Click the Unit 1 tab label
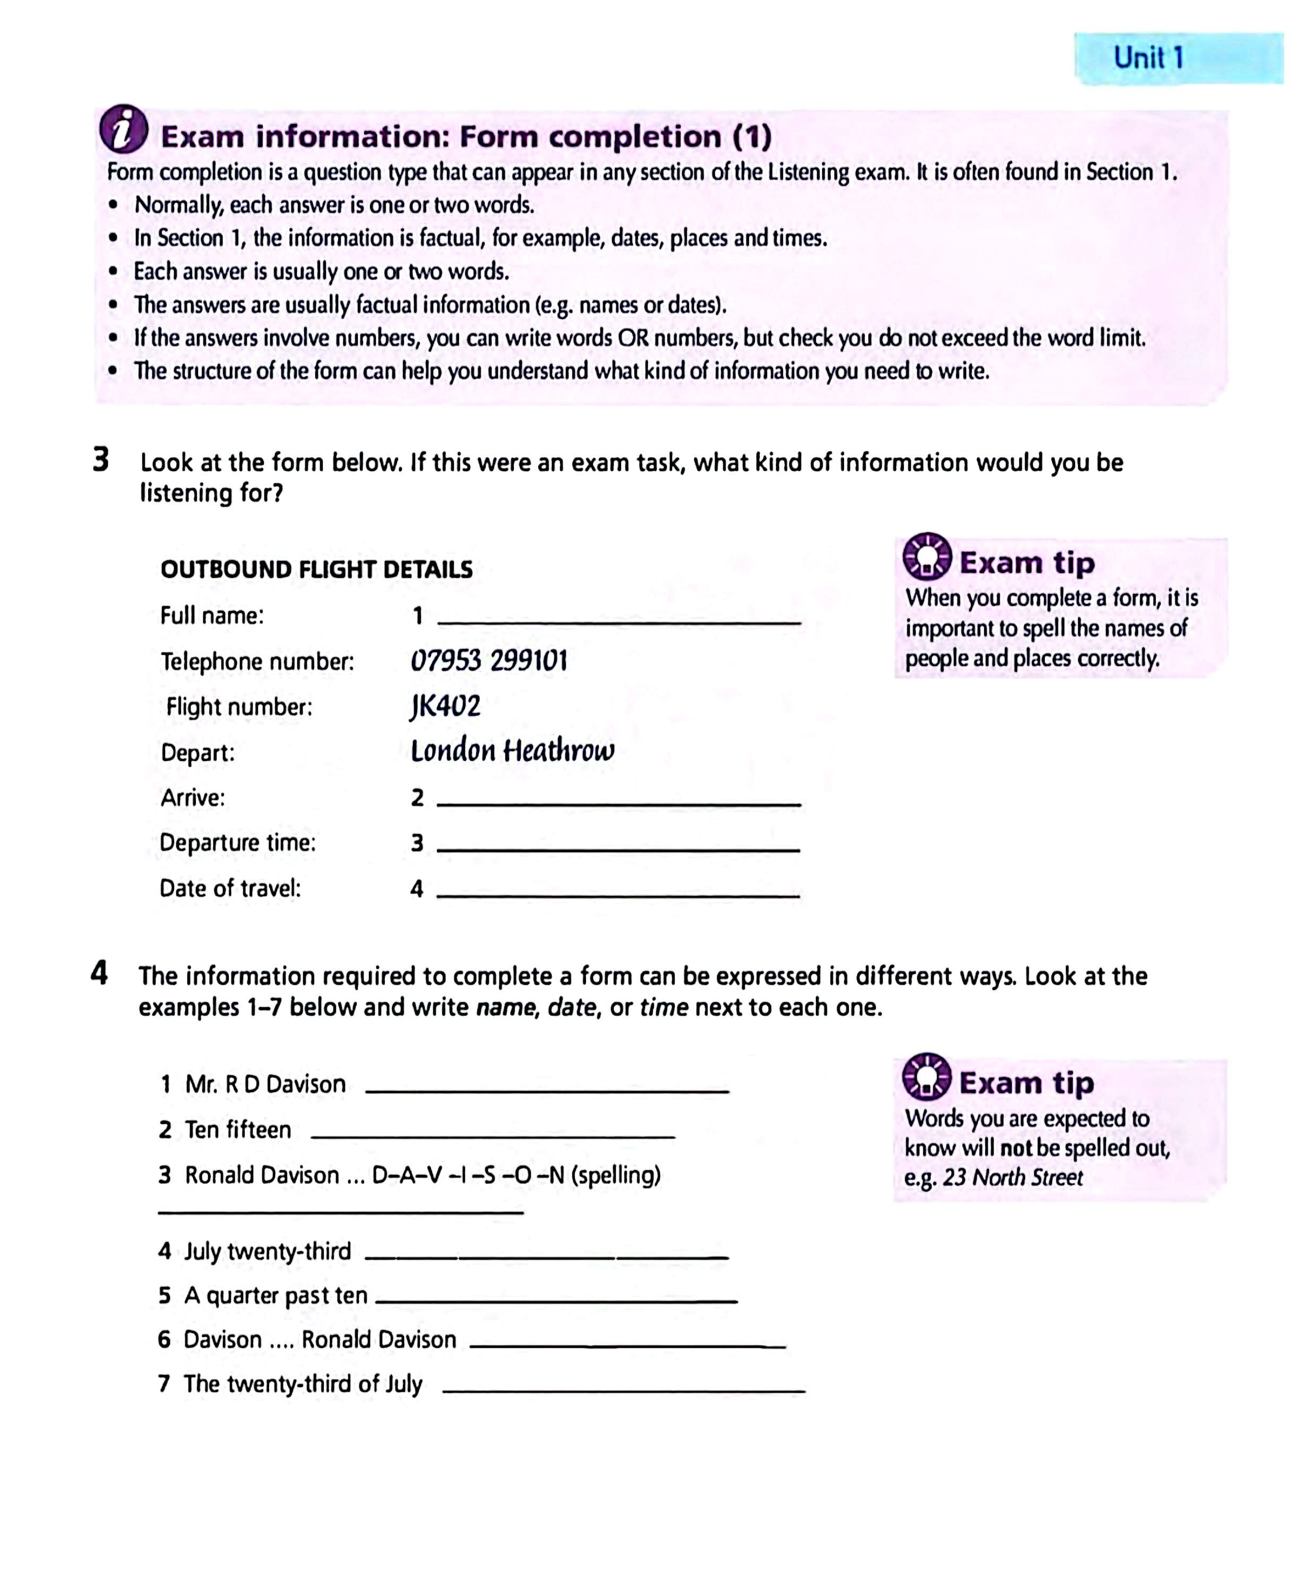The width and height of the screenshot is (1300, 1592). click(x=1148, y=58)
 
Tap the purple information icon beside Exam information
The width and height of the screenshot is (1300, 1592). click(x=124, y=129)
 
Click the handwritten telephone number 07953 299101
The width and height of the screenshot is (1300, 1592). click(x=489, y=661)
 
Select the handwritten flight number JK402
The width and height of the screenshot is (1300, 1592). click(x=445, y=706)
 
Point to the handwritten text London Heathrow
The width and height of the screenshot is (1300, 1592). click(x=512, y=751)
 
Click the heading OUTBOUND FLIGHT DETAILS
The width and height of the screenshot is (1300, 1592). click(x=316, y=569)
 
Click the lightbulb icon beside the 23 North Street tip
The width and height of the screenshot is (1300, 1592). click(x=926, y=1077)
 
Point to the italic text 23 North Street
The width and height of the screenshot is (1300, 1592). click(x=1012, y=1178)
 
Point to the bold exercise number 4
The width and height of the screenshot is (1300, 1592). click(x=99, y=973)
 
